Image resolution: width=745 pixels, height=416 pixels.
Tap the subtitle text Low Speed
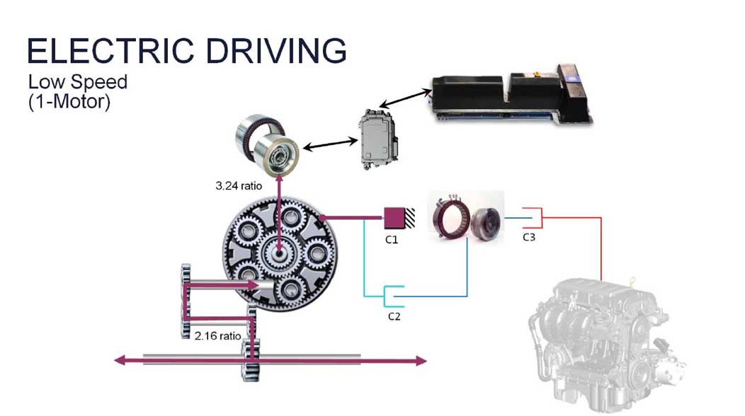coord(78,81)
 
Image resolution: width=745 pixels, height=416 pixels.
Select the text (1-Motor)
coord(69,100)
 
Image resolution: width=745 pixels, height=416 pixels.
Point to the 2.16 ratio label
coord(217,335)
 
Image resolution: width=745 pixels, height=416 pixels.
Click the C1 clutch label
coord(392,240)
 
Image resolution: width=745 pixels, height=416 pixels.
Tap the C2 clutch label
coord(394,316)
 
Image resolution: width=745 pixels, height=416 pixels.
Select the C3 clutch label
coord(529,237)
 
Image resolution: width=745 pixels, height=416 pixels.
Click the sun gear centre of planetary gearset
coord(280,251)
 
